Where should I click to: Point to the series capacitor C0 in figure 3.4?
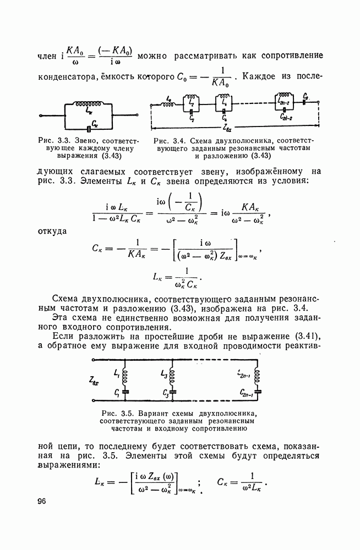coord(306,102)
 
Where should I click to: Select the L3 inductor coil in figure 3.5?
coord(173,376)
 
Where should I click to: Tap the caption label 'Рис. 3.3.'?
coord(54,140)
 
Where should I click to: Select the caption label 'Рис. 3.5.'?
coord(117,413)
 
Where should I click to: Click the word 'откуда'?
coord(53,230)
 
